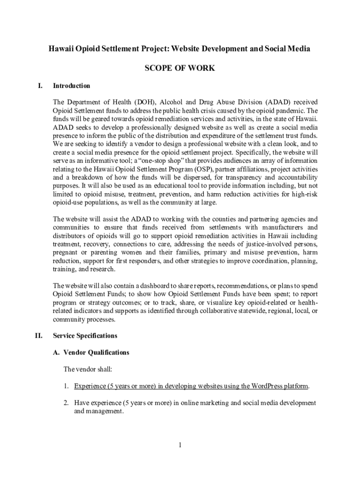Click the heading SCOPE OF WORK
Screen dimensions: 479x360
pos(180,68)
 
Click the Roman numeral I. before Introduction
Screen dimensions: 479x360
pos(40,86)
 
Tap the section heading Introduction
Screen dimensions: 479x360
pos(72,86)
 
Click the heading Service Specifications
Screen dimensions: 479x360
pos(85,336)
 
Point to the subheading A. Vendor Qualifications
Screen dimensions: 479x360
pos(91,352)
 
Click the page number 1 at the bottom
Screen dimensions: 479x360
pos(180,445)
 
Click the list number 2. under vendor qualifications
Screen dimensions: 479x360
pos(67,403)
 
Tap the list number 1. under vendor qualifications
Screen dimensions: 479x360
pos(67,386)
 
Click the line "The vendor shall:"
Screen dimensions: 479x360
pos(88,370)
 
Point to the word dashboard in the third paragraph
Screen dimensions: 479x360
pos(143,286)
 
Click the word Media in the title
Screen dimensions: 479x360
pos(298,49)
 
